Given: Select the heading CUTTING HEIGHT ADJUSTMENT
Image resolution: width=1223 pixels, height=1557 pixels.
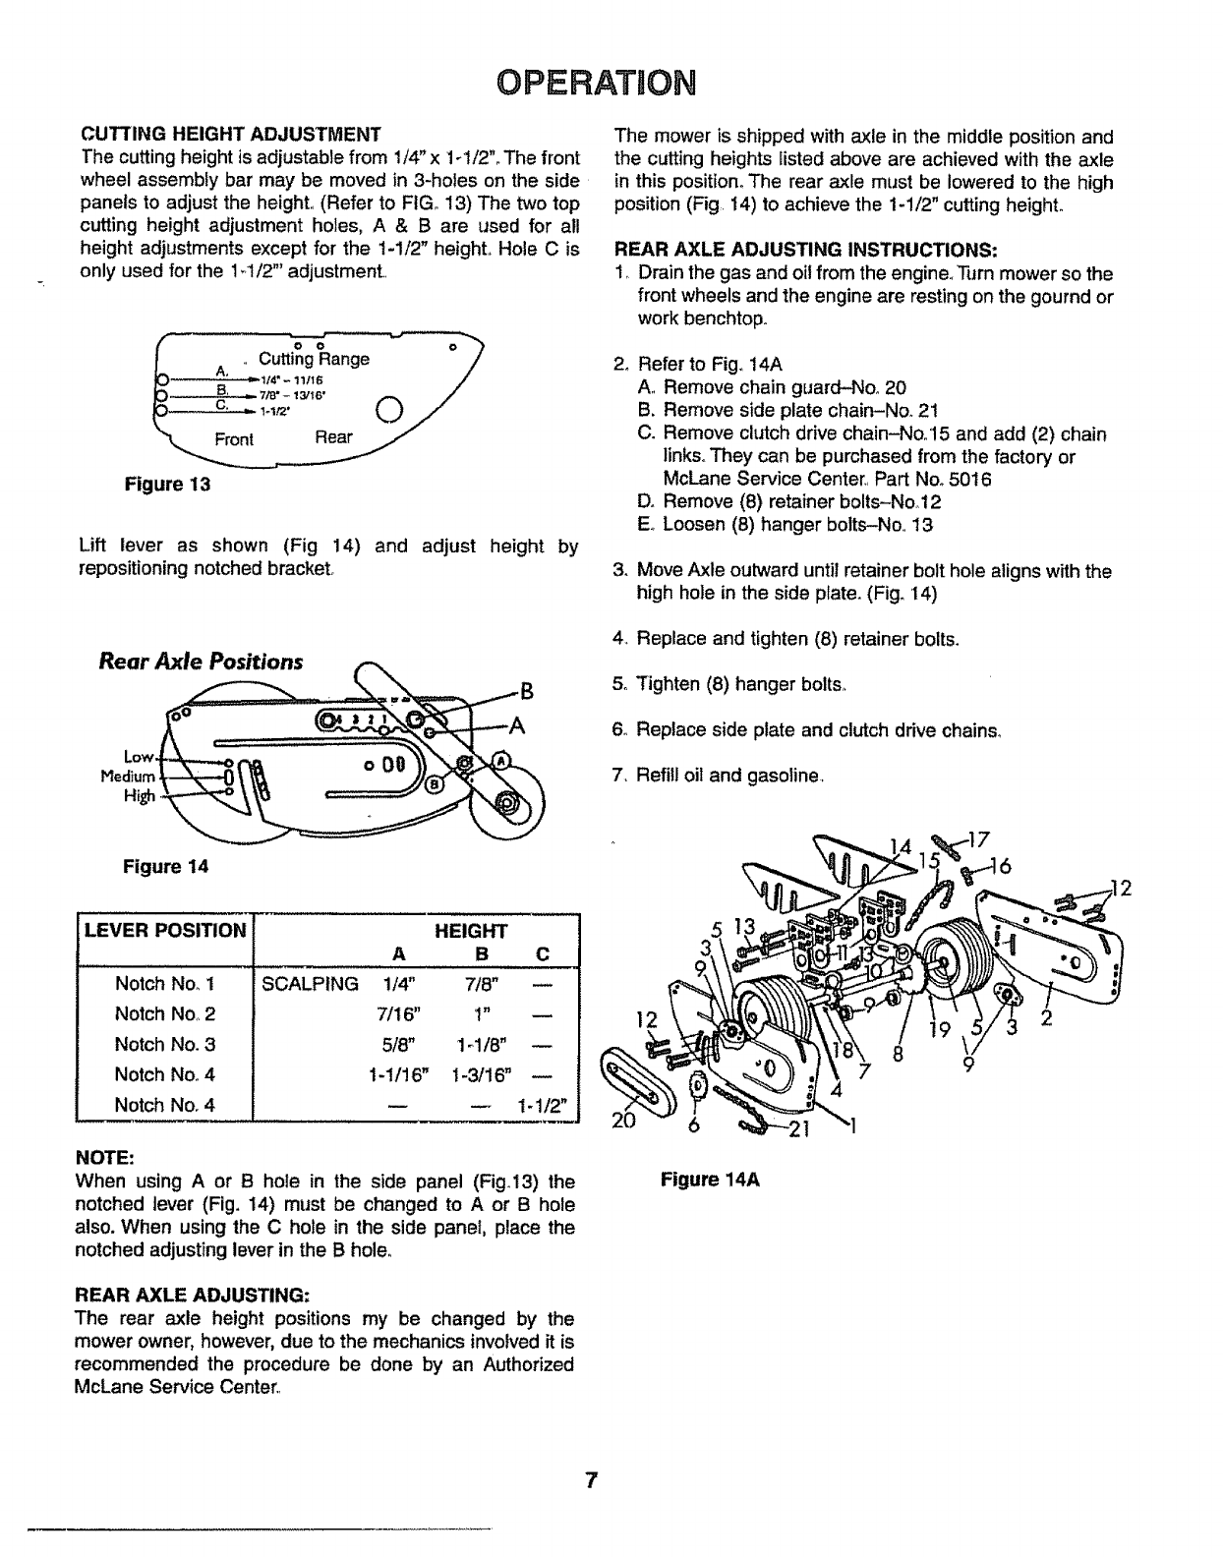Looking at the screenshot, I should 230,134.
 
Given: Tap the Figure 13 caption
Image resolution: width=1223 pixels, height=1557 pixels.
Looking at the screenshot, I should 167,485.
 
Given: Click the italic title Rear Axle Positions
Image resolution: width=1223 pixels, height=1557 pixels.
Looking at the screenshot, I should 201,661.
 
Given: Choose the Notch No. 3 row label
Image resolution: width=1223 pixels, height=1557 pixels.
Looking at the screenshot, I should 165,1044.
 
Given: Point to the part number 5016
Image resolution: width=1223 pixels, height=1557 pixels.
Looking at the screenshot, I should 971,480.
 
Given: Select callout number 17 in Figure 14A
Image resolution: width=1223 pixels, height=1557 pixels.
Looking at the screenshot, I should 977,838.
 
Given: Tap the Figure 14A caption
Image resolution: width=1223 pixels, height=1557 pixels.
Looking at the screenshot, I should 712,1180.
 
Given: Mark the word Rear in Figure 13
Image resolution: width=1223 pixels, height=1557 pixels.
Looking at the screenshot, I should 333,436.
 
